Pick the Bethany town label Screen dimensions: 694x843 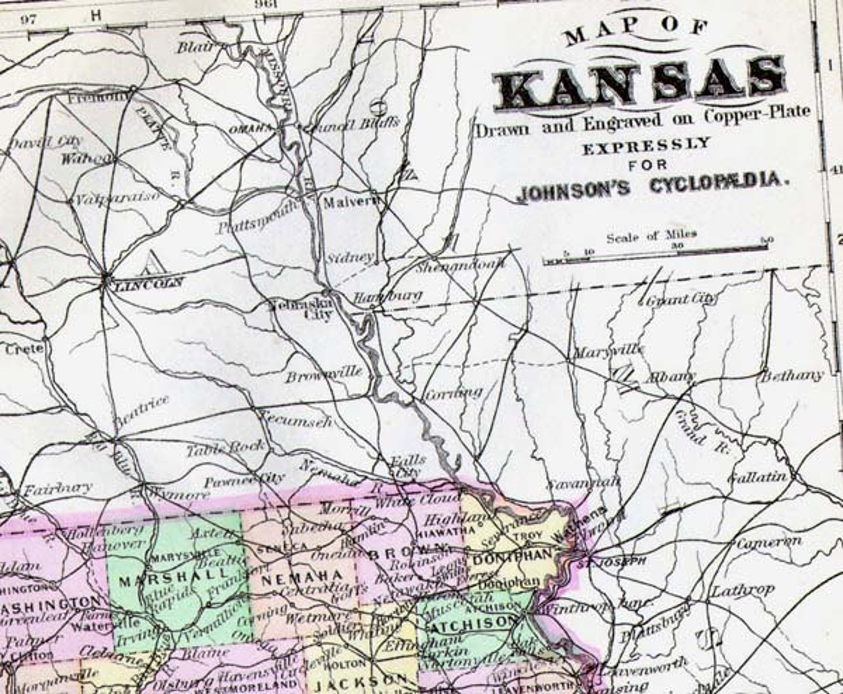(x=792, y=376)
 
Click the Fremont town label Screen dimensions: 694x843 (x=99, y=98)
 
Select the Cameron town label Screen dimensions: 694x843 (x=769, y=543)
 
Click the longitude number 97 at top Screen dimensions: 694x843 (x=30, y=20)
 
